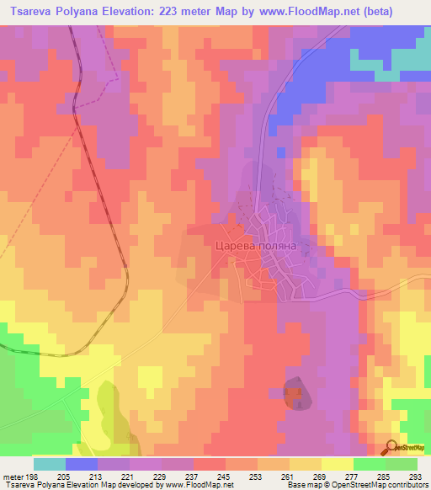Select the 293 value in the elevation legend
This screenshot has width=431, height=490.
click(x=417, y=476)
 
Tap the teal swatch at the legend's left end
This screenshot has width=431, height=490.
click(x=50, y=464)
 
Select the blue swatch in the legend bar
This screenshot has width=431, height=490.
click(x=82, y=464)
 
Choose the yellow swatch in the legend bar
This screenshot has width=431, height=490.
click(x=338, y=464)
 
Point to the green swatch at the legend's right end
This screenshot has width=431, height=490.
click(x=402, y=464)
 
